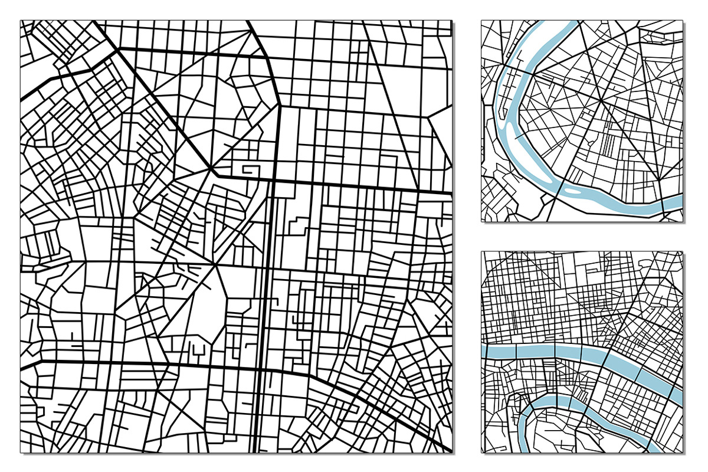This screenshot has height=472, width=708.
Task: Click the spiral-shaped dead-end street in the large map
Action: tap(252, 170)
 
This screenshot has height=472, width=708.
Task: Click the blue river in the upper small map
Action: tap(619, 204)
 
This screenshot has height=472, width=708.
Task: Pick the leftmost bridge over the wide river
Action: tap(517, 352)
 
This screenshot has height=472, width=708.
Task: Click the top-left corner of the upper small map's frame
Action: tap(481, 21)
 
